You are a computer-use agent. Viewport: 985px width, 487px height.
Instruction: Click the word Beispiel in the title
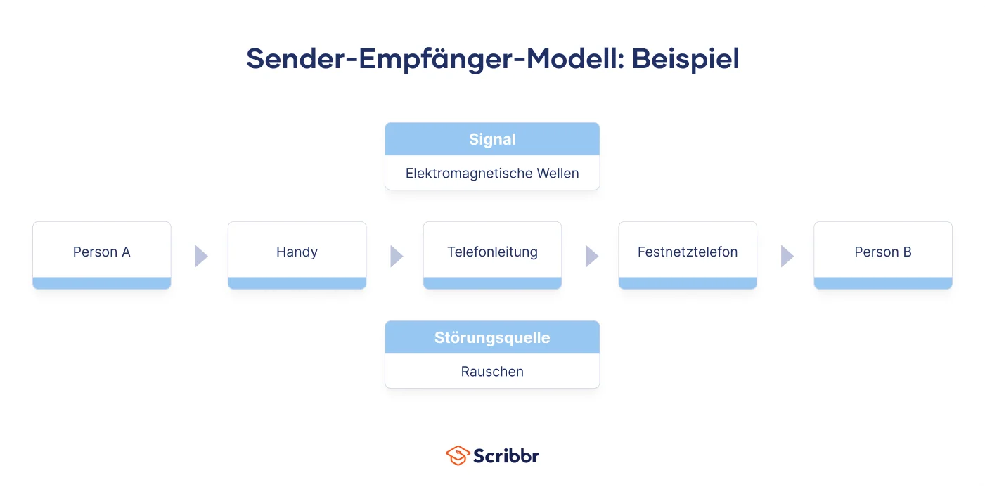pos(685,59)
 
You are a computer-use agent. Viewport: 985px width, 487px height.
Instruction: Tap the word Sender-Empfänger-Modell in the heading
pos(432,59)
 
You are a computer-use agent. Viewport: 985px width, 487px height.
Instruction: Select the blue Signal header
pos(492,139)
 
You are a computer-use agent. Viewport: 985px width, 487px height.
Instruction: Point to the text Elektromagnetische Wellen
pos(492,173)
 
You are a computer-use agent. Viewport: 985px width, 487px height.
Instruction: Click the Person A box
pos(101,255)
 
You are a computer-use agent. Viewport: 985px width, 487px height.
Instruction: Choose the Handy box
pos(297,255)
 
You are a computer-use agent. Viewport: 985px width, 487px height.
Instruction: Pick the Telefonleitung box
pos(492,255)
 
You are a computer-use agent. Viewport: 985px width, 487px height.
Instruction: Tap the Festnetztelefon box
pos(688,255)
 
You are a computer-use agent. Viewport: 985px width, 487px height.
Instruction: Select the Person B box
pos(883,255)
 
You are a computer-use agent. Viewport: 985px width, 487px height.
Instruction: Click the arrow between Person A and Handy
pos(201,257)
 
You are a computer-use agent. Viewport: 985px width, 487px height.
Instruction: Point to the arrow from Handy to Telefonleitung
pos(397,257)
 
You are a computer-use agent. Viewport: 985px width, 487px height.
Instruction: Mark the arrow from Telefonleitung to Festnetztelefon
pos(591,257)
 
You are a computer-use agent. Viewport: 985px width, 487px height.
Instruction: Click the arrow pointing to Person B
pos(787,257)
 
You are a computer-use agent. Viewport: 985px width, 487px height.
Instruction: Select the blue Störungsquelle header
pos(492,337)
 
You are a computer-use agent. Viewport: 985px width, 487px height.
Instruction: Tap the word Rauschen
pos(492,372)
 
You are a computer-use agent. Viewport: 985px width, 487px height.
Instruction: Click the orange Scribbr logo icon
pos(458,455)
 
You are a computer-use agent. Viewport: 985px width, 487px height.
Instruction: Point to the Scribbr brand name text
pos(506,456)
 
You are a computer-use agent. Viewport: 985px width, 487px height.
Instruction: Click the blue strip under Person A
pos(101,283)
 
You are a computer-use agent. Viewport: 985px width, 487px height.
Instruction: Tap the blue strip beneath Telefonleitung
pos(492,283)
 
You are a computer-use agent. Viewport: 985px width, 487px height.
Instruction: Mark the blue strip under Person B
pos(883,283)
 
